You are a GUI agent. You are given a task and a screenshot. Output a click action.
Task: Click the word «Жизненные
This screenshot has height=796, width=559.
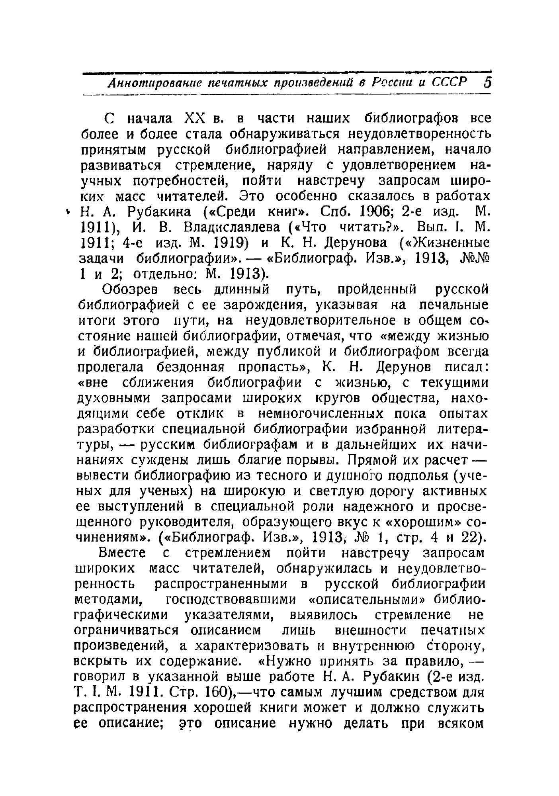[x=444, y=242]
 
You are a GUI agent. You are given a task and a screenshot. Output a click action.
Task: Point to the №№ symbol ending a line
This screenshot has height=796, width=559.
[x=474, y=258]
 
